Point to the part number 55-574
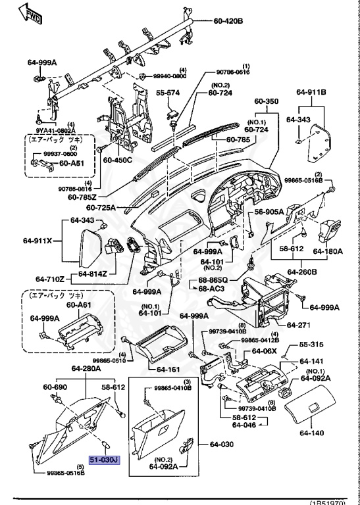point(168,93)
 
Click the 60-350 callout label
point(267,102)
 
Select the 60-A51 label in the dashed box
point(74,164)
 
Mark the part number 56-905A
point(269,212)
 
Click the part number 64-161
point(168,370)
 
